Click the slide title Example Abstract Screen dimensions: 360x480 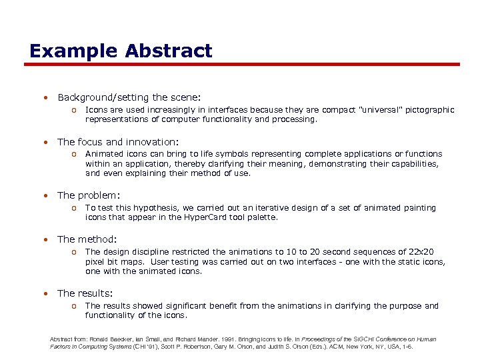click(121, 51)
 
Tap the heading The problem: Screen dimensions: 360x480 click(89, 195)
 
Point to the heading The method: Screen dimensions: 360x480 click(87, 239)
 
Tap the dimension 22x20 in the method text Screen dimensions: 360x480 click(420, 252)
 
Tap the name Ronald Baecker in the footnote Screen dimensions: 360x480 click(105, 339)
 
